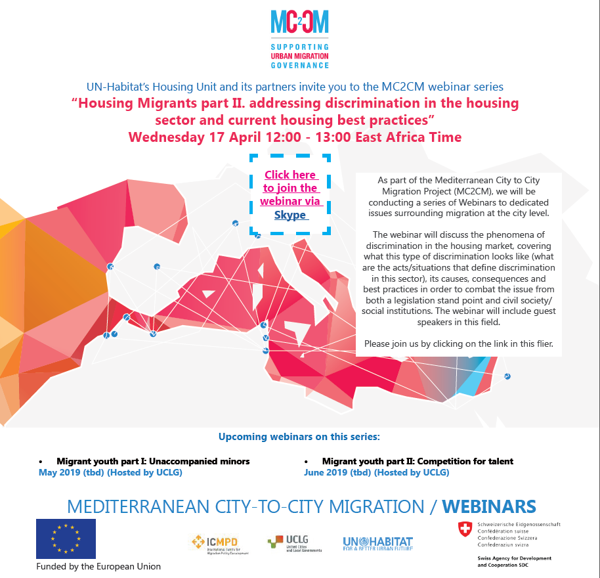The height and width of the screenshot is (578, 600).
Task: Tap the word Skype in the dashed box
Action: point(291,215)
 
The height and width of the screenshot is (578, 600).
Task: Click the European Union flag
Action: point(66,539)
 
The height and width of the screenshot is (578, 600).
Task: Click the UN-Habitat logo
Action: point(377,543)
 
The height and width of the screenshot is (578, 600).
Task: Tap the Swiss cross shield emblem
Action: point(465,529)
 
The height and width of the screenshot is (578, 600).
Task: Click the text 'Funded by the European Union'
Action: point(98,566)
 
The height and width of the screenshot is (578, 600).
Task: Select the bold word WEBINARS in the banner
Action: point(488,507)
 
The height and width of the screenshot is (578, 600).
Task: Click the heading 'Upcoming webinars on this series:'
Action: point(299,436)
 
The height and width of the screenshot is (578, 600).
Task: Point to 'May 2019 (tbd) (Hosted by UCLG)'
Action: point(110,472)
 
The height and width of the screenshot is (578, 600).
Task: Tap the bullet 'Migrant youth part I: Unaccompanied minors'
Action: point(153,461)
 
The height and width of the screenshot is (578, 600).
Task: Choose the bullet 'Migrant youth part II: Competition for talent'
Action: point(418,461)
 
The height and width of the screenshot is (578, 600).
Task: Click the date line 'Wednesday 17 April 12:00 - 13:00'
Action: point(295,137)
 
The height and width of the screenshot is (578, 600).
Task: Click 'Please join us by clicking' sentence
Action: point(458,344)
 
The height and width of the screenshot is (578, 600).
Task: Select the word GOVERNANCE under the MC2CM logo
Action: point(299,65)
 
